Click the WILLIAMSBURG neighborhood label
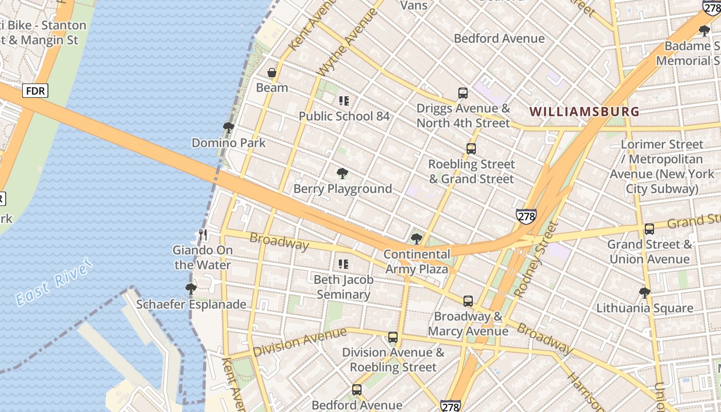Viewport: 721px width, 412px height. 585,111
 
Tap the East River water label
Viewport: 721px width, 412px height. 54,283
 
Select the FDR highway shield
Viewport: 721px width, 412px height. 36,91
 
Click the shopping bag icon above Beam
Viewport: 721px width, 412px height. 272,73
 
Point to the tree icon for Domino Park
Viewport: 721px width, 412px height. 229,128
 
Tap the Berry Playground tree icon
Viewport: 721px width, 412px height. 342,174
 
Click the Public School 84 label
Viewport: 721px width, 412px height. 344,116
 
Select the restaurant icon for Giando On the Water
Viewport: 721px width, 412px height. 203,235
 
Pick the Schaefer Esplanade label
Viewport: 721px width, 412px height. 191,304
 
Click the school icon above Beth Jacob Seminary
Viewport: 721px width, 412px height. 344,264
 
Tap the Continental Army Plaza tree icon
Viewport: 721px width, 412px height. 417,239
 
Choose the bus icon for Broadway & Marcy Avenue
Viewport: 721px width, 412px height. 468,301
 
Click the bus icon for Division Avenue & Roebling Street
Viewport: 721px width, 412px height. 393,337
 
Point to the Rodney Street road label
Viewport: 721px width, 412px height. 536,260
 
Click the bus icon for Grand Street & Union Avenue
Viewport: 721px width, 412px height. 649,229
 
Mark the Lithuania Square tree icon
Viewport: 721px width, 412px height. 644,293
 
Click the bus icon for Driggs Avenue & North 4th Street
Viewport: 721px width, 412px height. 463,93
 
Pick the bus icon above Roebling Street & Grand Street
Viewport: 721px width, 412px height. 471,149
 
